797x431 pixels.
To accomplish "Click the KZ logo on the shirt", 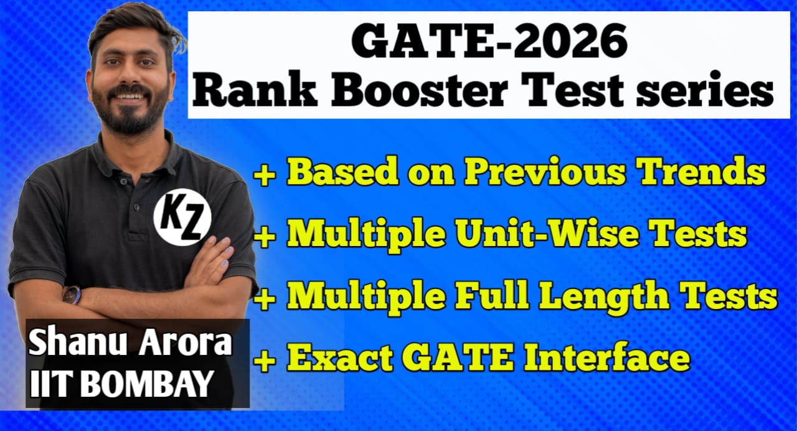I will click(182, 217).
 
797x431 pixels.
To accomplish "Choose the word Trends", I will click(705, 173).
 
